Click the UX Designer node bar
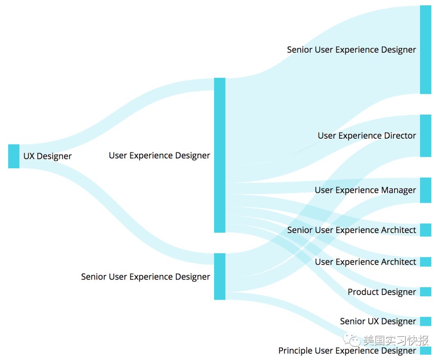tap(14, 156)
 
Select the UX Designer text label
tap(47, 156)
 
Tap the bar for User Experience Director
tap(425, 135)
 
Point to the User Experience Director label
tap(367, 136)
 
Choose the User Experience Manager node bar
tap(425, 190)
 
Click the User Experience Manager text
tap(365, 190)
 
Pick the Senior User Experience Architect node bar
tap(425, 230)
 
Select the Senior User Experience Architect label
tap(352, 230)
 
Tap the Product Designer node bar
tap(425, 292)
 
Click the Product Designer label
tap(381, 292)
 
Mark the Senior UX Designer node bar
tap(425, 321)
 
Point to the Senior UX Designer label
tap(378, 321)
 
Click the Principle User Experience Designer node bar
tap(425, 351)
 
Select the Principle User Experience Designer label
tap(347, 351)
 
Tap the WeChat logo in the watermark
tap(352, 339)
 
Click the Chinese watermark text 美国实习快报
tap(396, 340)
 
